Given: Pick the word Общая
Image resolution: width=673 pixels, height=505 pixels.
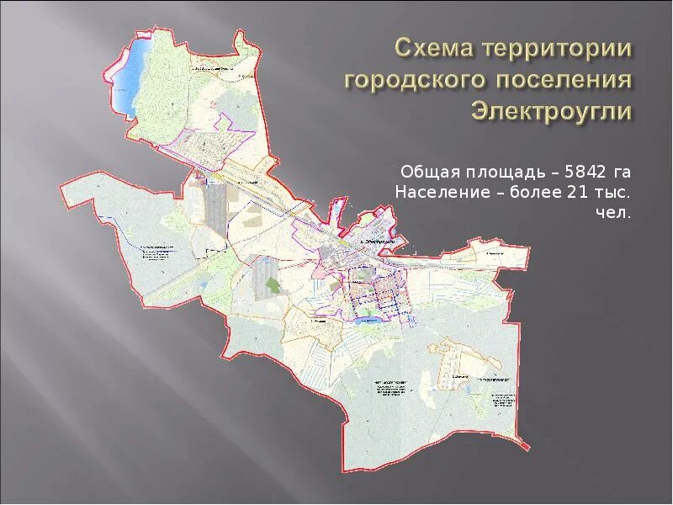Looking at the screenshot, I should [x=424, y=173].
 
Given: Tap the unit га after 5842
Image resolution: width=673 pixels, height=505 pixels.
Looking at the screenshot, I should [x=621, y=173].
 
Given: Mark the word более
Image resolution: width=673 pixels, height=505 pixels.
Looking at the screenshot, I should [x=521, y=193].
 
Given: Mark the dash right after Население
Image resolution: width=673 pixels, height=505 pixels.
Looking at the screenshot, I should [x=480, y=193].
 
